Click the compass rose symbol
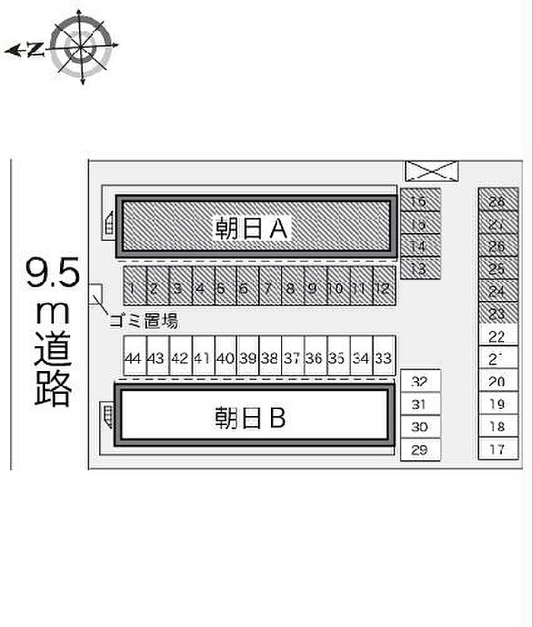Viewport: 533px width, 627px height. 81,47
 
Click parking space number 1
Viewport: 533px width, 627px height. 134,288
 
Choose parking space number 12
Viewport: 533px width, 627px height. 384,288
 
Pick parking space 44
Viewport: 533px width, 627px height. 134,357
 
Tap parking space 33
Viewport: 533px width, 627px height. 384,357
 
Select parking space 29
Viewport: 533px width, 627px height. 420,449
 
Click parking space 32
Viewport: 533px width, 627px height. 420,382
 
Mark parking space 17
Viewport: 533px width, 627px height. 498,449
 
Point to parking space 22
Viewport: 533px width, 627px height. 498,336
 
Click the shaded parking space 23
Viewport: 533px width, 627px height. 498,313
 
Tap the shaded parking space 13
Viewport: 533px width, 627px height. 420,267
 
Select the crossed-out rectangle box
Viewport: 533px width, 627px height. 432,171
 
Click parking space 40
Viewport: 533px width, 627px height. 225,357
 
